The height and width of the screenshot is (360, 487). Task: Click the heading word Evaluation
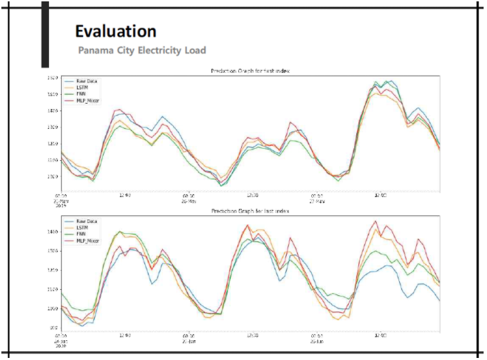tap(115, 31)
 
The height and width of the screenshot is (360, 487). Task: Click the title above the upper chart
tap(251, 71)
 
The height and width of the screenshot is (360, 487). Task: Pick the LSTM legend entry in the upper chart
tap(82, 87)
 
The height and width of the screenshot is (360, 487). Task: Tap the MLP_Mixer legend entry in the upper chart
tap(87, 100)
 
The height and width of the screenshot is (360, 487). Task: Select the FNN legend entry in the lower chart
tap(81, 234)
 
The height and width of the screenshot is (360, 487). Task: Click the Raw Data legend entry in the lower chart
tap(86, 222)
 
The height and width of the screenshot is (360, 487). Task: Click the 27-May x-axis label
tap(317, 201)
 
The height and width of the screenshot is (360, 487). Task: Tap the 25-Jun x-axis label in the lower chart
tap(317, 342)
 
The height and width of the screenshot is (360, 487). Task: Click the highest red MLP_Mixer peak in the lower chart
tap(375, 221)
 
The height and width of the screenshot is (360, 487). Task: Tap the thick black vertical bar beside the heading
tap(45, 34)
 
